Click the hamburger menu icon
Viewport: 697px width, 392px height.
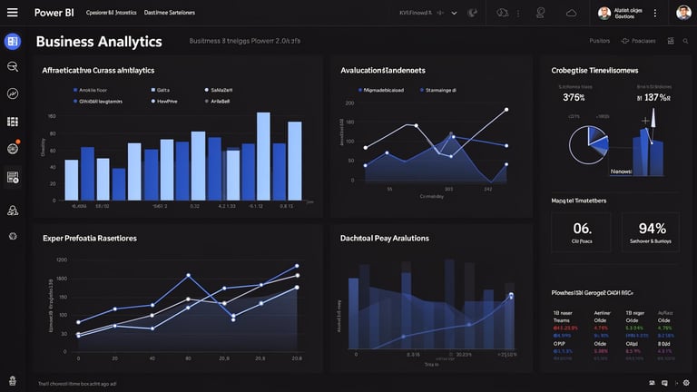pyautogui.click(x=12, y=13)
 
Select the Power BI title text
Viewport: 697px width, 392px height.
pyautogui.click(x=54, y=13)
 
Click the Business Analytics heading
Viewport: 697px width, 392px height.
pyautogui.click(x=99, y=42)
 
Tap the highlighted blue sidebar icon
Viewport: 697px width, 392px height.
pyautogui.click(x=12, y=41)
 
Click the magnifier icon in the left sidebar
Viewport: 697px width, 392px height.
pyautogui.click(x=13, y=67)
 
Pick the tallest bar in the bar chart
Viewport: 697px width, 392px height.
pyautogui.click(x=263, y=155)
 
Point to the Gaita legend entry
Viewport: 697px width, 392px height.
pyautogui.click(x=163, y=91)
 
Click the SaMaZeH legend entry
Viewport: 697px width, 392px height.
pyautogui.click(x=221, y=91)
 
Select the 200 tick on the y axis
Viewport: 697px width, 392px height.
pyautogui.click(x=349, y=103)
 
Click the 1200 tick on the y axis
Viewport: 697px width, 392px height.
pyautogui.click(x=62, y=260)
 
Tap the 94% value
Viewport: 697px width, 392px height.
pyautogui.click(x=653, y=229)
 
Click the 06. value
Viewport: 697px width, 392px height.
pyautogui.click(x=582, y=229)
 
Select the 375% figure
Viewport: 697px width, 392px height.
pyautogui.click(x=574, y=98)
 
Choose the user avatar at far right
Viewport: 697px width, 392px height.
pyautogui.click(x=683, y=13)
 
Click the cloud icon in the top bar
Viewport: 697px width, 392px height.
pyautogui.click(x=571, y=13)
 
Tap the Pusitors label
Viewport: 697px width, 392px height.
pyautogui.click(x=600, y=41)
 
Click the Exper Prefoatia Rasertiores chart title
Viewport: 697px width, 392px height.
pyautogui.click(x=90, y=238)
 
